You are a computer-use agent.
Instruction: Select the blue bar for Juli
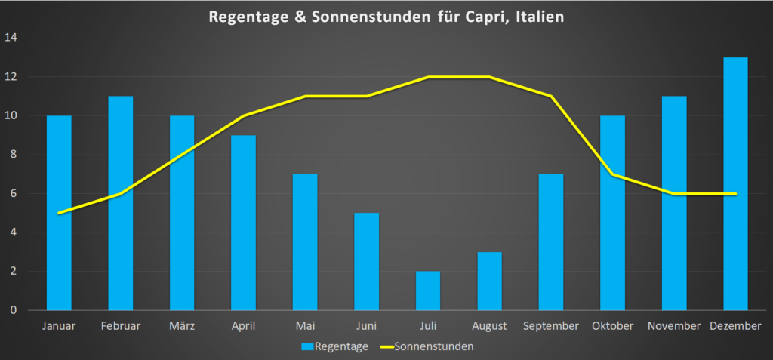coord(428,291)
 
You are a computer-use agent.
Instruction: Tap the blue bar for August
coord(489,281)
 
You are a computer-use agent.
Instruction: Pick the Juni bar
coord(366,261)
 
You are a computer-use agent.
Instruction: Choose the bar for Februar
coord(121,203)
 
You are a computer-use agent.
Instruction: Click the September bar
coord(551,242)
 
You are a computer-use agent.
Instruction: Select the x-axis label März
coord(182,326)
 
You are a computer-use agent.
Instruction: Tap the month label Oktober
coord(612,326)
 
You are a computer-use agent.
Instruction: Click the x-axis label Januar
coord(59,326)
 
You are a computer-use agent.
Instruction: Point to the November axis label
coord(674,326)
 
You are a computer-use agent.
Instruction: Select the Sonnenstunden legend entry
coord(427,347)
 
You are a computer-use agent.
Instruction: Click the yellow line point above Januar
coord(59,213)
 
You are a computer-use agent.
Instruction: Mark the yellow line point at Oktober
coord(612,174)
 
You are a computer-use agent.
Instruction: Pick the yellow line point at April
coord(243,116)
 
